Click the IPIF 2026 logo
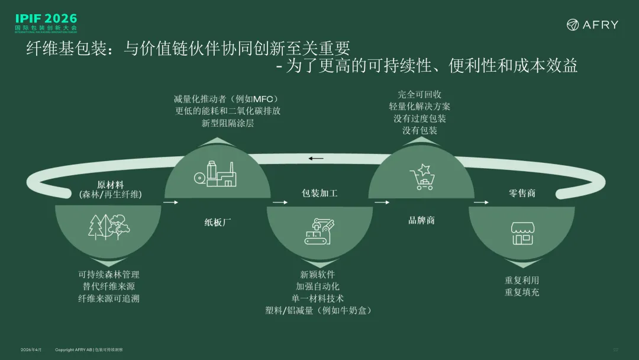[x=46, y=22]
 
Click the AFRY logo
[x=592, y=25]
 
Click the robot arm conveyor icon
[x=319, y=230]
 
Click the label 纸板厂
[x=217, y=223]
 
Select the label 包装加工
[x=319, y=194]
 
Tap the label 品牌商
[x=421, y=220]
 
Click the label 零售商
[x=522, y=193]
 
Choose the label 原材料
[x=111, y=184]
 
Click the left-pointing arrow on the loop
[x=317, y=159]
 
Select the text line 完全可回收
[x=419, y=94]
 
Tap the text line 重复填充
[x=522, y=292]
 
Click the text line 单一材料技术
[x=318, y=298]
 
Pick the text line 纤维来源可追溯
[x=109, y=298]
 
